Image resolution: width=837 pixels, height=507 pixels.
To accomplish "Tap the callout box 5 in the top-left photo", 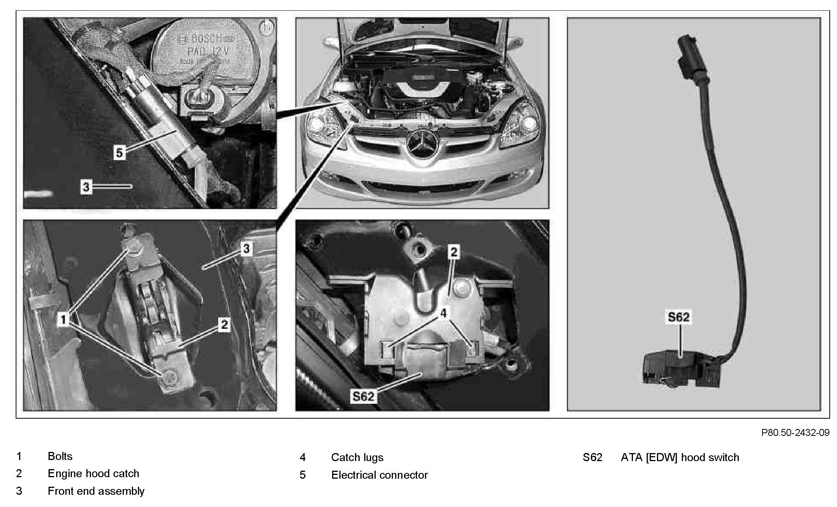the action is (x=119, y=153).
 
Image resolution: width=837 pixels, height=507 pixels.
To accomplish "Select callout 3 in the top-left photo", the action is (x=86, y=187).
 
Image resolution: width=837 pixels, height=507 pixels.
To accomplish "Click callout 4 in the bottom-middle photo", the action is (x=443, y=313).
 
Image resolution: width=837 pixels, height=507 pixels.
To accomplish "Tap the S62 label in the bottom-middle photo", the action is (x=363, y=396).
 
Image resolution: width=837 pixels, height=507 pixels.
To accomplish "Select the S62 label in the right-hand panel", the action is (x=678, y=317).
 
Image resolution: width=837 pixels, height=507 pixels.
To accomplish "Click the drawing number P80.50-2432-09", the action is (x=795, y=432).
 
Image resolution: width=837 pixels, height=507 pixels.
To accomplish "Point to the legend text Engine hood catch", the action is (x=93, y=474).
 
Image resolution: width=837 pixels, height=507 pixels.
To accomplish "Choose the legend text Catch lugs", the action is (x=357, y=457).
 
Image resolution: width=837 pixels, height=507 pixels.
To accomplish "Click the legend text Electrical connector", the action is (x=379, y=475).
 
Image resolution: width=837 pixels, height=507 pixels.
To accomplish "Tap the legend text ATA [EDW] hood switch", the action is (x=680, y=457).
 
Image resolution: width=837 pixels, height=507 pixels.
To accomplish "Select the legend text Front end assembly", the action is (x=96, y=491).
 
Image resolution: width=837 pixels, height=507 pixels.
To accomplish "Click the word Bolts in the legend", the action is (x=60, y=456).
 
